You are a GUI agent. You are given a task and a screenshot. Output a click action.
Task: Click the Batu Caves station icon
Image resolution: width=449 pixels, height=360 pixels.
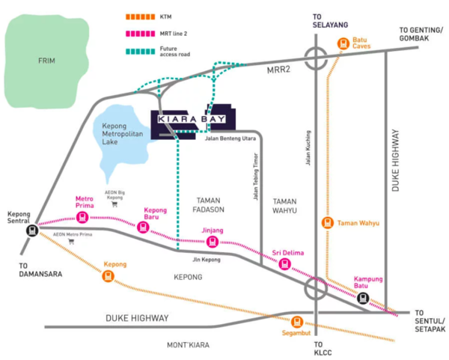pyautogui.click(x=343, y=44)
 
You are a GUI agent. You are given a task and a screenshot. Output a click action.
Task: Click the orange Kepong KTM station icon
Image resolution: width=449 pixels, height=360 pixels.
pyautogui.click(x=109, y=276)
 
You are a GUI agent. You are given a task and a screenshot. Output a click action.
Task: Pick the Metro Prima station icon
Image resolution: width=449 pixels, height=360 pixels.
pyautogui.click(x=82, y=218)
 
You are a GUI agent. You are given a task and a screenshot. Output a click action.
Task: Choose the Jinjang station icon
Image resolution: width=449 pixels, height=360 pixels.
pyautogui.click(x=213, y=242)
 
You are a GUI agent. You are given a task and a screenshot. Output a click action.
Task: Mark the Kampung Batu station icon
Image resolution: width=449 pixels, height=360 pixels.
pyautogui.click(x=363, y=297)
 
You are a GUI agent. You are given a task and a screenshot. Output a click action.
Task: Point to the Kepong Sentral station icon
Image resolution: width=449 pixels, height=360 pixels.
pyautogui.click(x=32, y=231)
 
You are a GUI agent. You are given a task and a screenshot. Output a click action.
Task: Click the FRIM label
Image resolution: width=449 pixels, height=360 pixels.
pyautogui.click(x=47, y=61)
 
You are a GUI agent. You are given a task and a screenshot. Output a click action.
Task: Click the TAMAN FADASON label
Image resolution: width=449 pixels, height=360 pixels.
pyautogui.click(x=210, y=205)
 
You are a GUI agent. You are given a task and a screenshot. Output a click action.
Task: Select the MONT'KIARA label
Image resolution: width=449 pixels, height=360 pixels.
pyautogui.click(x=189, y=345)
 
